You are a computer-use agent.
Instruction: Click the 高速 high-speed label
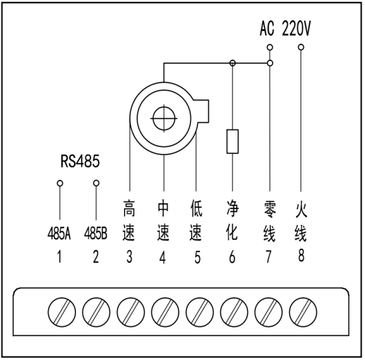(129, 223)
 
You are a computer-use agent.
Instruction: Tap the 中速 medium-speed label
(163, 223)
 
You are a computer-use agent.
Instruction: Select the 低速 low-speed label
(197, 223)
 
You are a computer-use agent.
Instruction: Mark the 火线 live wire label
(301, 223)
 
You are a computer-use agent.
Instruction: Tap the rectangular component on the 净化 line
(233, 141)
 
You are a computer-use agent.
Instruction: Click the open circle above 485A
(60, 184)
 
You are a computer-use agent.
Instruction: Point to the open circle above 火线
(301, 47)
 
